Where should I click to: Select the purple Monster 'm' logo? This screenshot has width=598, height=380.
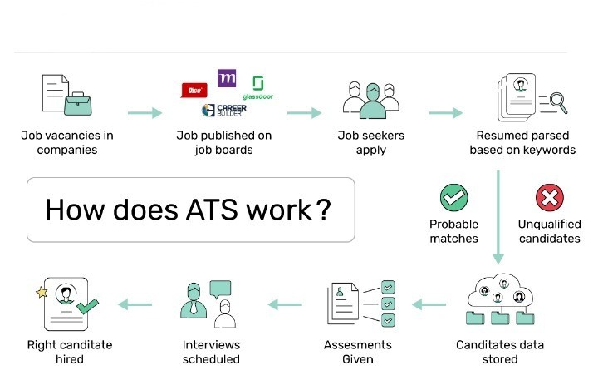226,79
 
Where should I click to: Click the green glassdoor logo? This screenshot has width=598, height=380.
258,87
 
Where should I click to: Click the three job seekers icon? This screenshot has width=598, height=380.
372,100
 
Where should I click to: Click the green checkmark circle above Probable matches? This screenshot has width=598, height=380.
453,199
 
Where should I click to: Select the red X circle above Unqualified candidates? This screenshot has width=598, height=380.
548,199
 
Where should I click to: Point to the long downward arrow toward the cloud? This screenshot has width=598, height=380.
498,216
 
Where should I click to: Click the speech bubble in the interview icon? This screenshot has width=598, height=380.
220,289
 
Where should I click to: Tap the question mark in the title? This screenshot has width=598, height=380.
324,209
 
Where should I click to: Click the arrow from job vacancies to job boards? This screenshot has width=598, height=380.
145,112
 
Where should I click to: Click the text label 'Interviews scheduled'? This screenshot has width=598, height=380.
211,352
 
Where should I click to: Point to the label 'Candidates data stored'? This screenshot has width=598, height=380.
498,352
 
